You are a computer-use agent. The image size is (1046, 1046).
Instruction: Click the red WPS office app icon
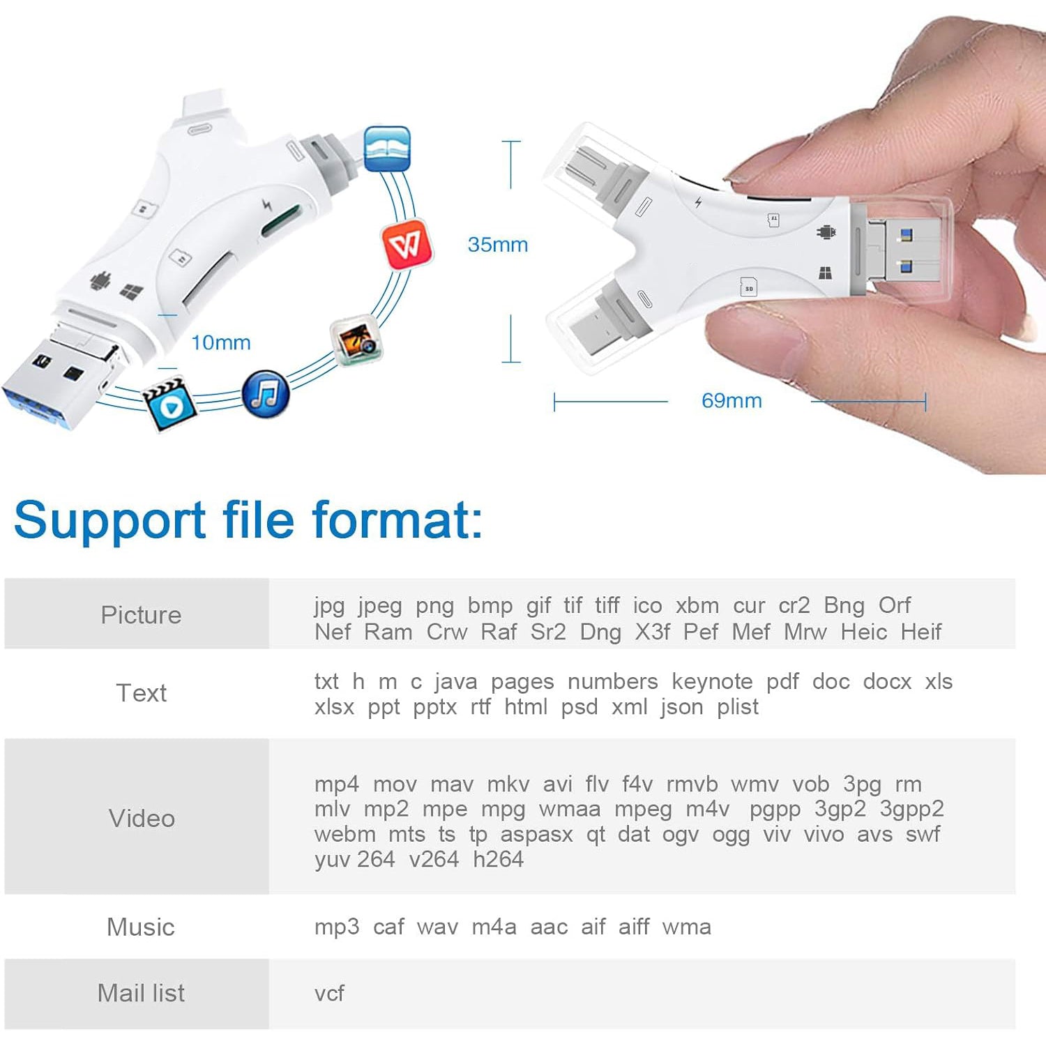coord(407,245)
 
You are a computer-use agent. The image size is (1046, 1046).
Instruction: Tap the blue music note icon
coord(266,394)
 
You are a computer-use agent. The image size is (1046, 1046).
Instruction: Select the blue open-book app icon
coord(387,149)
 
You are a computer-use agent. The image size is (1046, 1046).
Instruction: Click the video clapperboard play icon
coord(169,404)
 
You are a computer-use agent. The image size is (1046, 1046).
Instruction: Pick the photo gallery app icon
coord(356,342)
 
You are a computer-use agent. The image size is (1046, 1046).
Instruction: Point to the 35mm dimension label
coord(498,245)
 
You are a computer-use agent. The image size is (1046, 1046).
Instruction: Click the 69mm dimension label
coord(732,401)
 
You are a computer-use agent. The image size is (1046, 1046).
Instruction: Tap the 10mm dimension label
coord(221,342)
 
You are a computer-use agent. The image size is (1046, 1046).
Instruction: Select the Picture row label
coord(141,614)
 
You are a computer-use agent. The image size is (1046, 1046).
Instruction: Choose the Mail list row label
coord(141,993)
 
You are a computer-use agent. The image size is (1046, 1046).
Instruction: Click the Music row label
coord(141,927)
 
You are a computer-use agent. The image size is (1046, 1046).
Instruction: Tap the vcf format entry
coord(329,993)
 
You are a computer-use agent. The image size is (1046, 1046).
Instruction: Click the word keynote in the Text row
coord(712,681)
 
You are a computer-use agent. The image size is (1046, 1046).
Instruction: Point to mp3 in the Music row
coord(337,927)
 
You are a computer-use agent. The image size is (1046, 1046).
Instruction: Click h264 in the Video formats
coord(498,859)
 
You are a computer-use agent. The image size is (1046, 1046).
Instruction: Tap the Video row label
coord(142,818)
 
